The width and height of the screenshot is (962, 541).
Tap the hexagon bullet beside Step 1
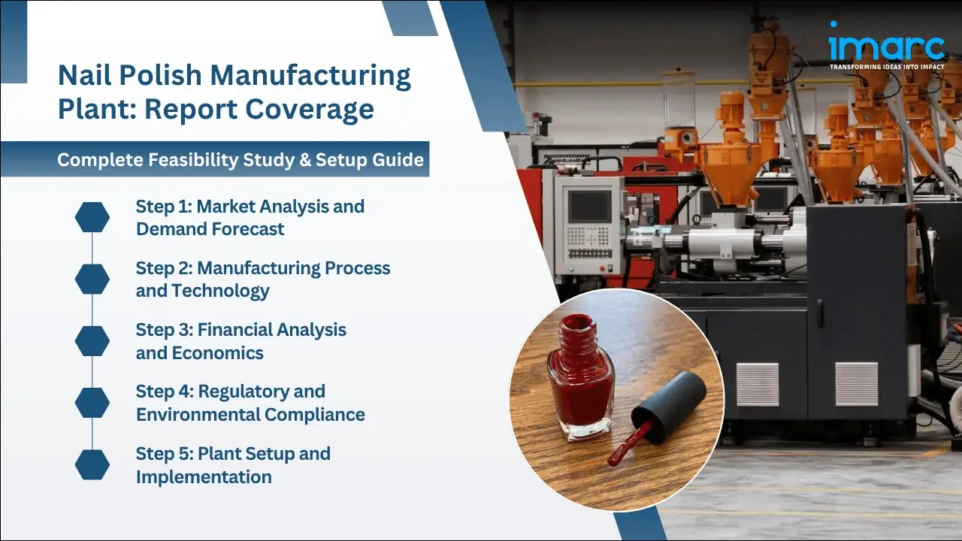pos(92,217)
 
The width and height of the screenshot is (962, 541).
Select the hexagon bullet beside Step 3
pos(92,340)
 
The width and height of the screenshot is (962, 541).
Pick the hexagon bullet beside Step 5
pos(92,464)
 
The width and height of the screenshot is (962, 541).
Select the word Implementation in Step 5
pos(204,476)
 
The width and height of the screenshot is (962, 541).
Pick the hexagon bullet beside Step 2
pos(92,279)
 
